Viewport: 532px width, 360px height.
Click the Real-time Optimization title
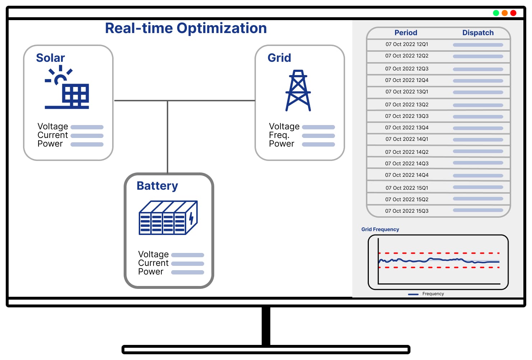[x=186, y=28]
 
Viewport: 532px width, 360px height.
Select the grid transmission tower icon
[x=298, y=91]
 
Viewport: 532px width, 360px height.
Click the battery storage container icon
[x=168, y=218]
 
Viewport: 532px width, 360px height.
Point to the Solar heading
[x=50, y=58]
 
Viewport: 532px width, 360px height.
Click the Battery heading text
[x=157, y=186]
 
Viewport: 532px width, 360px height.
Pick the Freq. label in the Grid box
[x=279, y=135]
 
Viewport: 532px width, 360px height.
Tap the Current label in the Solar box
[x=52, y=135]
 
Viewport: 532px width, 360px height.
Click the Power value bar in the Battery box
[x=187, y=272]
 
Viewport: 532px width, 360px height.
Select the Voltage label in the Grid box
[x=284, y=126]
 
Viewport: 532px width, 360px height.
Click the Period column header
[x=406, y=33]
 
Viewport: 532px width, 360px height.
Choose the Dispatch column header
[x=478, y=33]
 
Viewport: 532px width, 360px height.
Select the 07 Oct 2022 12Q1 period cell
[x=407, y=44]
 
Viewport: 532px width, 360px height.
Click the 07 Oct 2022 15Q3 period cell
[x=407, y=211]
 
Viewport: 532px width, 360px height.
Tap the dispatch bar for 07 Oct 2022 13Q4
[x=478, y=128]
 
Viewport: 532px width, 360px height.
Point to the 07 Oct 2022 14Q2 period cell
[x=407, y=152]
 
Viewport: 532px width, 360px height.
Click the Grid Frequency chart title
[x=380, y=229]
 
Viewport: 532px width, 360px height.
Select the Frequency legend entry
[x=432, y=294]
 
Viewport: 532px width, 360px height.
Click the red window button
[x=513, y=13]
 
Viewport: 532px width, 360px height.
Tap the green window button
[x=496, y=13]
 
